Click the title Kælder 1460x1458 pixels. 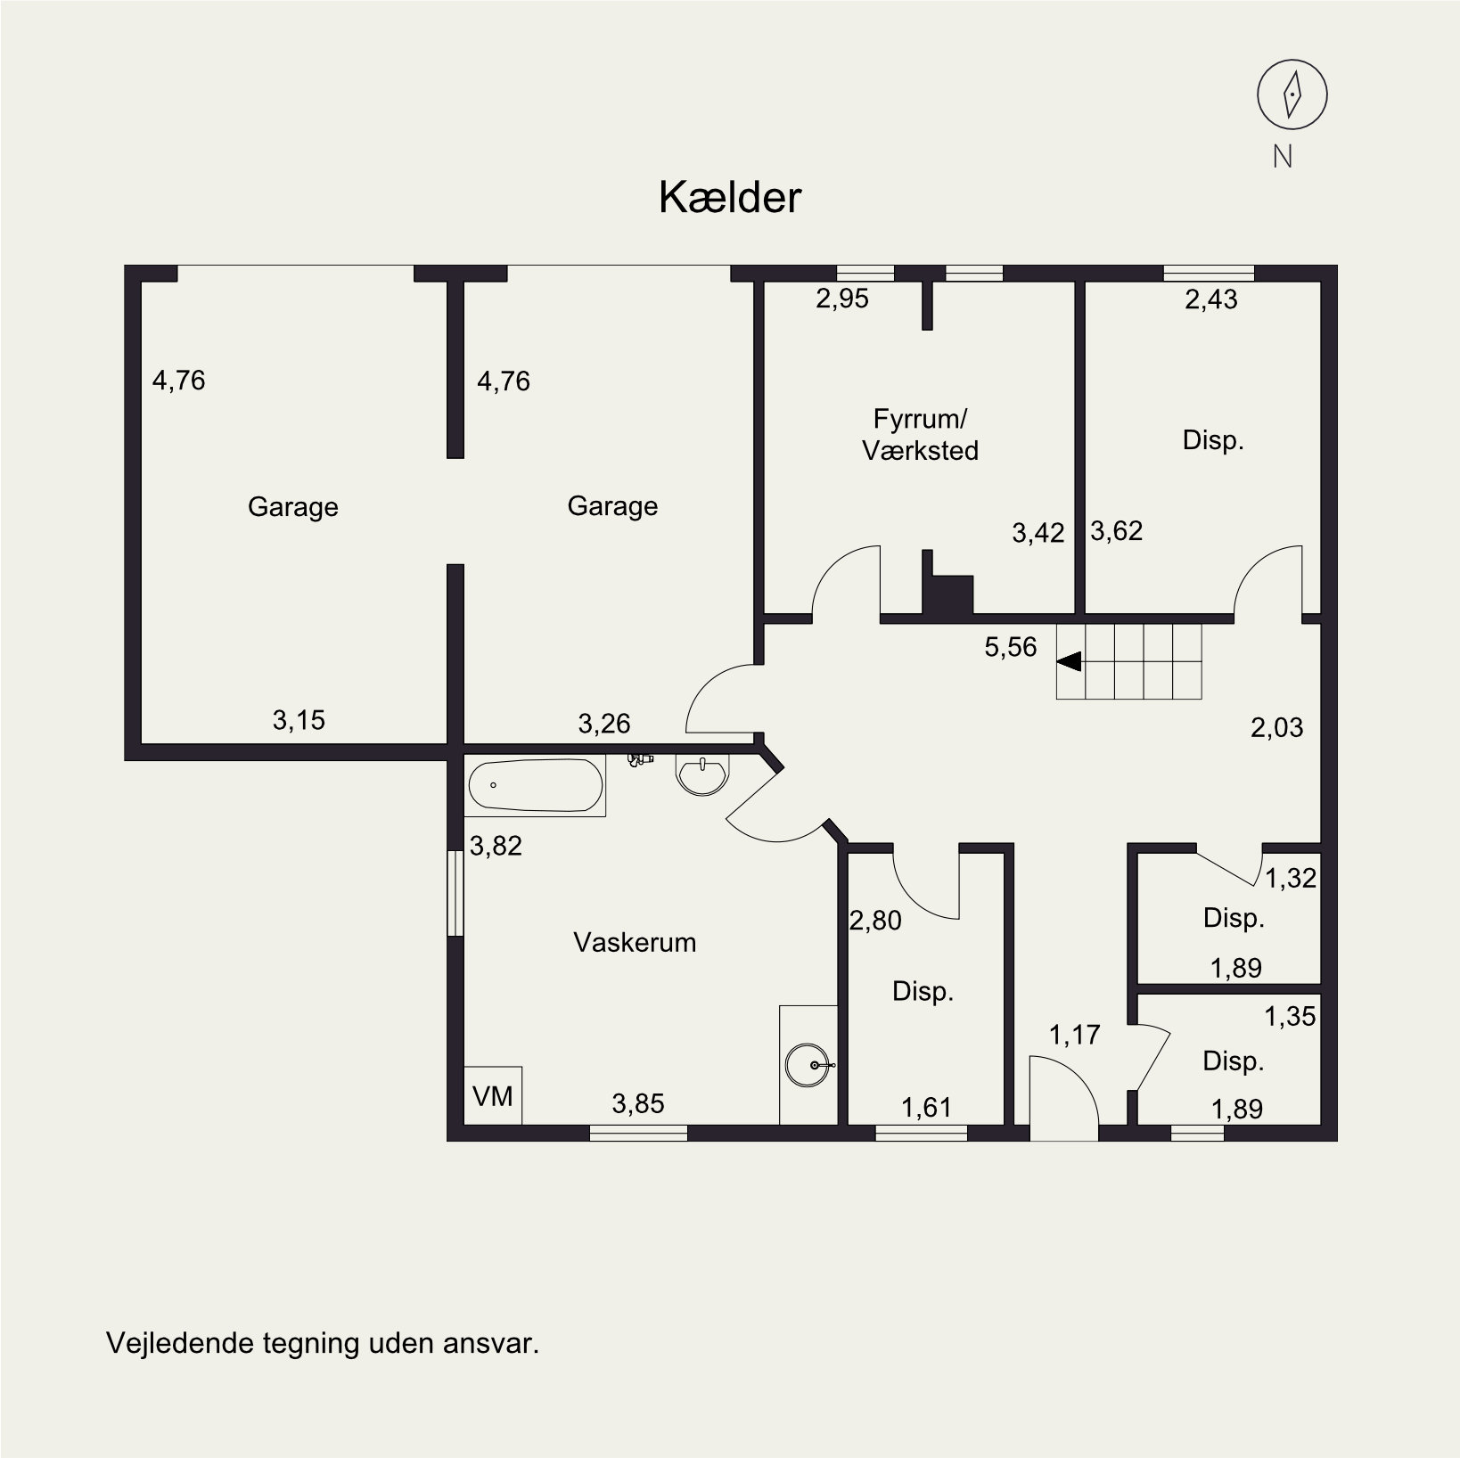pos(730,198)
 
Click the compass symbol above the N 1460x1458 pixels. pos(1292,94)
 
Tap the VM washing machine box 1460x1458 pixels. pos(493,1095)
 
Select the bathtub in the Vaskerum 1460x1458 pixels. pos(535,786)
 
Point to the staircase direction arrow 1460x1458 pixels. pos(1069,661)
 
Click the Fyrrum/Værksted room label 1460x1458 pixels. pos(920,434)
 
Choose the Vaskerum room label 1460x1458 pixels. pos(635,942)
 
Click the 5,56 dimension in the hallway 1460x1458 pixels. pos(1011,647)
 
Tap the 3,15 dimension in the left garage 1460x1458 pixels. pos(299,720)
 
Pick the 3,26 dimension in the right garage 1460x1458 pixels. pos(604,723)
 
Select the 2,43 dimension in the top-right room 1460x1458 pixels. pos(1211,299)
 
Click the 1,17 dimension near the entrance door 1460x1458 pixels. pos(1074,1035)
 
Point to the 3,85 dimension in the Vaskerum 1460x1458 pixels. pos(638,1104)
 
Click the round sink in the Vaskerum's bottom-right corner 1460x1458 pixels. pos(809,1065)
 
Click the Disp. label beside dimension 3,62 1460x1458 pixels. pos(1213,440)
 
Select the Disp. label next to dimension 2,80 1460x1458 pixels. pos(923,991)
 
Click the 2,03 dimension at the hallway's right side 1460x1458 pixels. pos(1276,728)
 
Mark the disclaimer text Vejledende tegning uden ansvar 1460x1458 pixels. pos(323,1343)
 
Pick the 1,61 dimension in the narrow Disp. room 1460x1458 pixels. pos(926,1108)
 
